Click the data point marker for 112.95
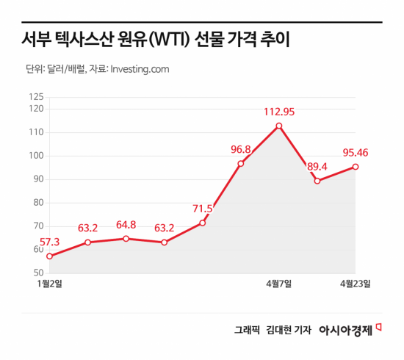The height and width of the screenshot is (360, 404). [279, 126]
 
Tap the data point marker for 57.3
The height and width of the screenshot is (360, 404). [49, 256]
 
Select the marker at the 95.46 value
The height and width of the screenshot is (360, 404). [356, 167]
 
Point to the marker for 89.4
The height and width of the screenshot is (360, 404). [317, 181]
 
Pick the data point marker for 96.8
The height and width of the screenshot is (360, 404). [241, 163]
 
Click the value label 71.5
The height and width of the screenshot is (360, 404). [201, 209]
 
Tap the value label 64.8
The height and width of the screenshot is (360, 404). [126, 225]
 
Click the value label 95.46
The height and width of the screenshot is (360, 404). [356, 154]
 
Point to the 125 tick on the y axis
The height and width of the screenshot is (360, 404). [35, 97]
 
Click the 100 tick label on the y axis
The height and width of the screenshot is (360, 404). [35, 156]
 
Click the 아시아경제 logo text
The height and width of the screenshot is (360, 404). [346, 331]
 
